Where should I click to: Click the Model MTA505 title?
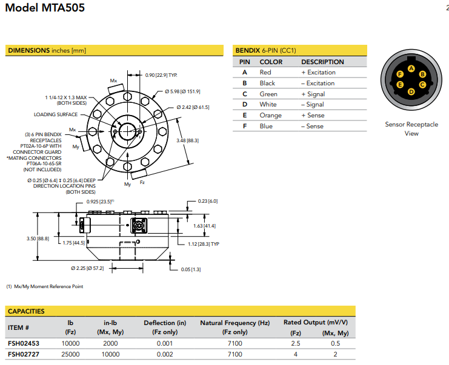pyautogui.click(x=45, y=8)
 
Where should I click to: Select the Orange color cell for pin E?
pyautogui.click(x=270, y=115)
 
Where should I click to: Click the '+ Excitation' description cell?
pyautogui.click(x=318, y=72)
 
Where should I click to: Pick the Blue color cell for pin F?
pyautogui.click(x=266, y=126)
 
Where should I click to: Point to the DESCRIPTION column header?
pyautogui.click(x=322, y=62)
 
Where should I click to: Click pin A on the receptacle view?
pyautogui.click(x=411, y=68)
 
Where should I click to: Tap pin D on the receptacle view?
pyautogui.click(x=411, y=92)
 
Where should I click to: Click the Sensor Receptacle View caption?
pyautogui.click(x=411, y=129)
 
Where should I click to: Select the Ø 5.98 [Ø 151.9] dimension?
pyautogui.click(x=182, y=91)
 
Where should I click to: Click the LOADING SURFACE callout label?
pyautogui.click(x=55, y=114)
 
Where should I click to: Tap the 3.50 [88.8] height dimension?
pyautogui.click(x=38, y=238)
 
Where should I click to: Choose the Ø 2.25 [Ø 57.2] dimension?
pyautogui.click(x=87, y=268)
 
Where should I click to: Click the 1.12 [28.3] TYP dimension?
pyautogui.click(x=203, y=244)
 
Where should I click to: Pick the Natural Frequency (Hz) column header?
pyautogui.click(x=234, y=323)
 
